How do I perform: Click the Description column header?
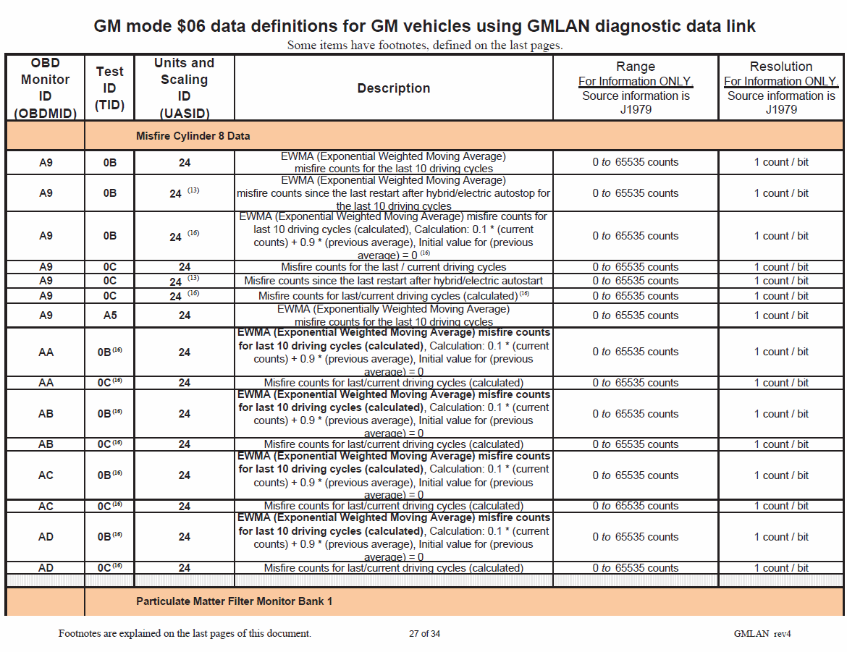pos(393,88)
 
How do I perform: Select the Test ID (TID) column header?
pos(109,88)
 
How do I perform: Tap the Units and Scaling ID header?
pos(184,88)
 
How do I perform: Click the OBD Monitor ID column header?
pos(45,88)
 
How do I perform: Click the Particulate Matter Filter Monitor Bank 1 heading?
pos(234,601)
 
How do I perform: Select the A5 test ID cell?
pos(109,316)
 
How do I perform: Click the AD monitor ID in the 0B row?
pos(45,537)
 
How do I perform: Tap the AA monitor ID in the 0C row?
pos(45,383)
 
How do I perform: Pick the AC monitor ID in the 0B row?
pos(45,475)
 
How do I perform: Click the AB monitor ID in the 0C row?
pos(45,444)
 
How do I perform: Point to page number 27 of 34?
pos(424,634)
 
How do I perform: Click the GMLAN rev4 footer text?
pos(762,634)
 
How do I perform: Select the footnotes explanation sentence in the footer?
pos(185,634)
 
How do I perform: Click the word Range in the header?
pos(635,67)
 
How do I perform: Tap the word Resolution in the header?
pos(780,67)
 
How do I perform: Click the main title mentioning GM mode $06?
pos(424,27)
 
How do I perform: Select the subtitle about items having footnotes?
pos(424,46)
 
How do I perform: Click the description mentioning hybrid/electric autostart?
pos(393,281)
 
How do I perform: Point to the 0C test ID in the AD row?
pos(109,568)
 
